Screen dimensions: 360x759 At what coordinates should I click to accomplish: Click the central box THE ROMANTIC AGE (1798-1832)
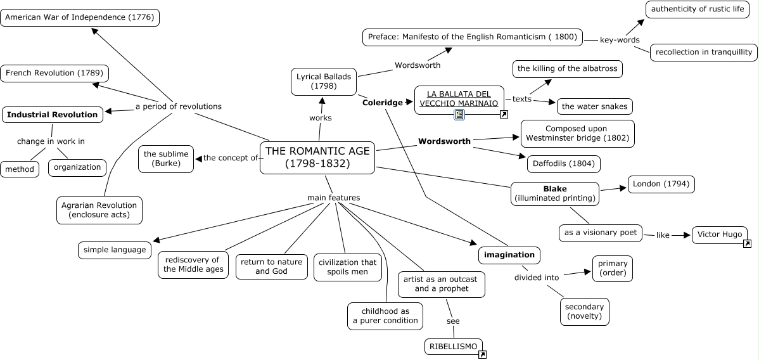click(x=317, y=157)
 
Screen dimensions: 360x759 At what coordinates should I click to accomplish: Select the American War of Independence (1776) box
click(x=79, y=17)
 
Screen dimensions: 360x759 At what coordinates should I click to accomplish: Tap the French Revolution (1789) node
click(x=54, y=74)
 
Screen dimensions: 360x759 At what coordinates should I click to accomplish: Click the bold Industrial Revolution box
click(x=53, y=115)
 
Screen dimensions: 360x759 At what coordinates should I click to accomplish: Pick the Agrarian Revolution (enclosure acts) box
click(x=99, y=210)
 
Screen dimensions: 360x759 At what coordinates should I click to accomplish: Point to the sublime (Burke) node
click(x=166, y=158)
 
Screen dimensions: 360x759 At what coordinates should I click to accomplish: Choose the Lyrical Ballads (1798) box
click(x=323, y=81)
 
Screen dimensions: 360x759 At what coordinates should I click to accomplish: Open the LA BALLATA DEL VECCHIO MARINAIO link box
click(x=459, y=99)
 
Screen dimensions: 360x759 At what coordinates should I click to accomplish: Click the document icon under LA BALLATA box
click(x=459, y=115)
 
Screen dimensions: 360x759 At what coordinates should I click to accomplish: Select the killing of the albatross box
click(x=567, y=68)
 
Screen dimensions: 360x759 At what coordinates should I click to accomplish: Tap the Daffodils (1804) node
click(x=563, y=164)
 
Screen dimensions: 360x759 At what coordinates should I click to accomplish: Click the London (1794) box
click(x=661, y=184)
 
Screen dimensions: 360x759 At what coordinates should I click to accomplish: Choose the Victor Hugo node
click(x=719, y=235)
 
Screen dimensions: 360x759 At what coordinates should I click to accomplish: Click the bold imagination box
click(x=509, y=255)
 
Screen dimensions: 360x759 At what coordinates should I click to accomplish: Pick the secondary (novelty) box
click(x=584, y=311)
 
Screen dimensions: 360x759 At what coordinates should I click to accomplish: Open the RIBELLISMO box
click(x=452, y=346)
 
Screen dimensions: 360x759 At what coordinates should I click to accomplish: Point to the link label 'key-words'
click(x=620, y=40)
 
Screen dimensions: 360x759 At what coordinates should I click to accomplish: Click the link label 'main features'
click(x=333, y=198)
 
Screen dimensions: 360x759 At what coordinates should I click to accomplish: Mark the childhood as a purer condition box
click(x=385, y=316)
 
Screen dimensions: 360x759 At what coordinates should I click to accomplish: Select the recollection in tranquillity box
click(x=703, y=52)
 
